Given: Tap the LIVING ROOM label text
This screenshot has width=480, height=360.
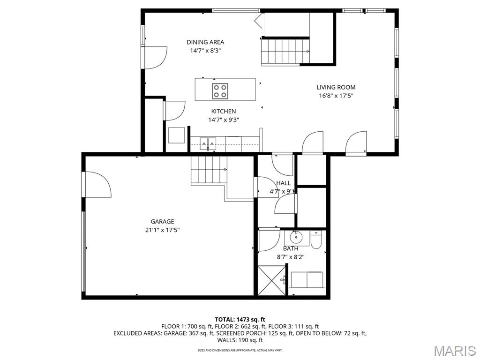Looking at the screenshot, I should tap(336, 87).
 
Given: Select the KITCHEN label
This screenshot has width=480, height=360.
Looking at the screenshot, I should tap(223, 112).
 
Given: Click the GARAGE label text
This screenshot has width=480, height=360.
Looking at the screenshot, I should tap(162, 222).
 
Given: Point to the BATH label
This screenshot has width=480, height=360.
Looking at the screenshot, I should tap(291, 248).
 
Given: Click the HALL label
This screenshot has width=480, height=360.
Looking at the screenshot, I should tap(284, 183).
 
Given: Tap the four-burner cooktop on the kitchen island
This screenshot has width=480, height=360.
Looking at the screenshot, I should tap(220, 90).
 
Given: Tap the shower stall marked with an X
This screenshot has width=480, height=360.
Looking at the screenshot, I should tap(271, 280).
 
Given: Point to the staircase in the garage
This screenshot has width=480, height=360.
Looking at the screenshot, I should tap(209, 170).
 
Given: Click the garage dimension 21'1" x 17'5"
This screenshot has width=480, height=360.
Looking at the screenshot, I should tap(162, 230).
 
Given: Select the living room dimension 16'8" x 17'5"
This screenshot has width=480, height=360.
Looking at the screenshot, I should tap(336, 96).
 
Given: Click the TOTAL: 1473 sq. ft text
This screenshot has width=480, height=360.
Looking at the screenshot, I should tap(240, 319).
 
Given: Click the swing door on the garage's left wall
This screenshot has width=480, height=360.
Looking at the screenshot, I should tap(96, 184).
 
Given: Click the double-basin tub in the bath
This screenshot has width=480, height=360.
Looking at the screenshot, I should tap(307, 280).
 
